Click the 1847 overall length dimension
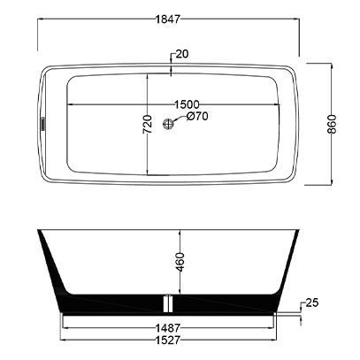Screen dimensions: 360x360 coord(167,19)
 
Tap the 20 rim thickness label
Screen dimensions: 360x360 coord(182,54)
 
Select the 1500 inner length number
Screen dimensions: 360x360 coord(187,104)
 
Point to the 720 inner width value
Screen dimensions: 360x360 coord(148,124)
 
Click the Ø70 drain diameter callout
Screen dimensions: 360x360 coord(197,116)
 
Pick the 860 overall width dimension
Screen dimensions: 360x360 coord(332,124)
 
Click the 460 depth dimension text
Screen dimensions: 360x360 coord(180,262)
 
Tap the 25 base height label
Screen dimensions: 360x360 coord(312,303)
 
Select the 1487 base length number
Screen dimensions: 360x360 coord(167,328)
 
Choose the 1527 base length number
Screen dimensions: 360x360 coord(167,340)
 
